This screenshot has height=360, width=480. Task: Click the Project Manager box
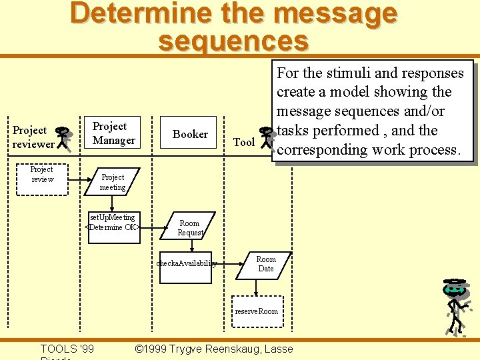(113, 134)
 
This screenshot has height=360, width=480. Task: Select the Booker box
(190, 134)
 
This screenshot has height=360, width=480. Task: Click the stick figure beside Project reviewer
(64, 137)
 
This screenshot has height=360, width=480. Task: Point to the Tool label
(244, 142)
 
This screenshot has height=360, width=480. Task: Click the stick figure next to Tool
(267, 138)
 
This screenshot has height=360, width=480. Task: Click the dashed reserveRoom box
(257, 311)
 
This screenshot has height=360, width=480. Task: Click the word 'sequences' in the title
(233, 41)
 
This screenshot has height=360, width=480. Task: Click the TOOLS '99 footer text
(67, 349)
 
